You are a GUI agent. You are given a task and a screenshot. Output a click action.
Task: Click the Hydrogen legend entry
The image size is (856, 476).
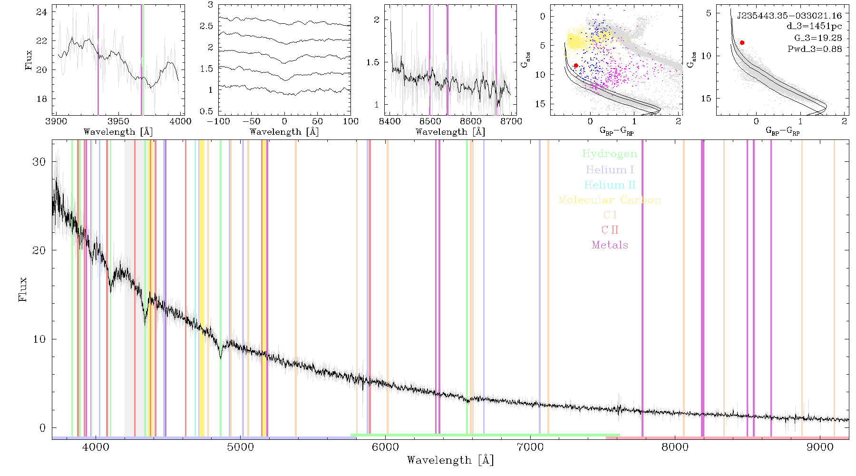(609, 154)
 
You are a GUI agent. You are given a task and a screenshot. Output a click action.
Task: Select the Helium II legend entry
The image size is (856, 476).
(609, 185)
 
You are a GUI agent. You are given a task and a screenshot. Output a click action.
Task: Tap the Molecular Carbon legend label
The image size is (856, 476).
(610, 200)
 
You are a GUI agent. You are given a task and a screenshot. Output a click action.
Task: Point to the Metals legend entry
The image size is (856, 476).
(610, 245)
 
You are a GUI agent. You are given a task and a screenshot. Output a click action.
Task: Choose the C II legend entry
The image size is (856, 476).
(610, 230)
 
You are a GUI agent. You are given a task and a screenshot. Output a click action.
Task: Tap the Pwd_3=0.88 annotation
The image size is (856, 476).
(815, 49)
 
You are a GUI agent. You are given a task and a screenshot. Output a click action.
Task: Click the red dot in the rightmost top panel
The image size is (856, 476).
(742, 43)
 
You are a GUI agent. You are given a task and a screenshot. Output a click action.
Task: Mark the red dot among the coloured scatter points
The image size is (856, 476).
(576, 66)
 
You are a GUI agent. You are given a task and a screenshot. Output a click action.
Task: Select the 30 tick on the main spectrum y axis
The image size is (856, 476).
(39, 162)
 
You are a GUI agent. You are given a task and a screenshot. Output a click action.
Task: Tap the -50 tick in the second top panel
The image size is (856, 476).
(251, 121)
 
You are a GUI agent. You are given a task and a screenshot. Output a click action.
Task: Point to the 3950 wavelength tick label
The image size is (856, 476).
(118, 121)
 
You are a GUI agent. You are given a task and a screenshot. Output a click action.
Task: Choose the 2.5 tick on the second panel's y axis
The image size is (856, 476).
(206, 26)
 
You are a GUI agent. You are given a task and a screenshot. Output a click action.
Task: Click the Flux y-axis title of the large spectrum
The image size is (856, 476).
(22, 289)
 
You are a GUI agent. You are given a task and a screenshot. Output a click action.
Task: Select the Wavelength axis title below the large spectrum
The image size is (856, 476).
(450, 460)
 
